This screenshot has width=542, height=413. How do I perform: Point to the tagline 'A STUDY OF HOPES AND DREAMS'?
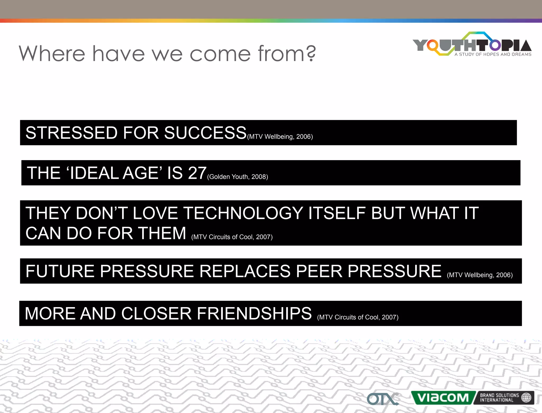tap(493, 55)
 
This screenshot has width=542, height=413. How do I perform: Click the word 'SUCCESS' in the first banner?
tap(205, 133)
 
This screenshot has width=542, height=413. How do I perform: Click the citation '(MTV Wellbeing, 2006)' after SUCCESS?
tap(280, 137)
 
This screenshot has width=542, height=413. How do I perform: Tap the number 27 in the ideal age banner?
tap(197, 173)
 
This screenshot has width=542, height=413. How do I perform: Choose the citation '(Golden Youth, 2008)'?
tap(238, 177)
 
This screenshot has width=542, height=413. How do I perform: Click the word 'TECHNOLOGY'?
tap(243, 213)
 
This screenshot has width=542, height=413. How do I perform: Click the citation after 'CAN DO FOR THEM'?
tap(232, 237)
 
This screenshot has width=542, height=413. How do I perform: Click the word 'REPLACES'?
tap(245, 271)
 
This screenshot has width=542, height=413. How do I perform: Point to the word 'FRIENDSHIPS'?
tap(254, 313)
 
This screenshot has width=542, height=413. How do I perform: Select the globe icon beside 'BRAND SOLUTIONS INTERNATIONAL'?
tap(526, 397)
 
